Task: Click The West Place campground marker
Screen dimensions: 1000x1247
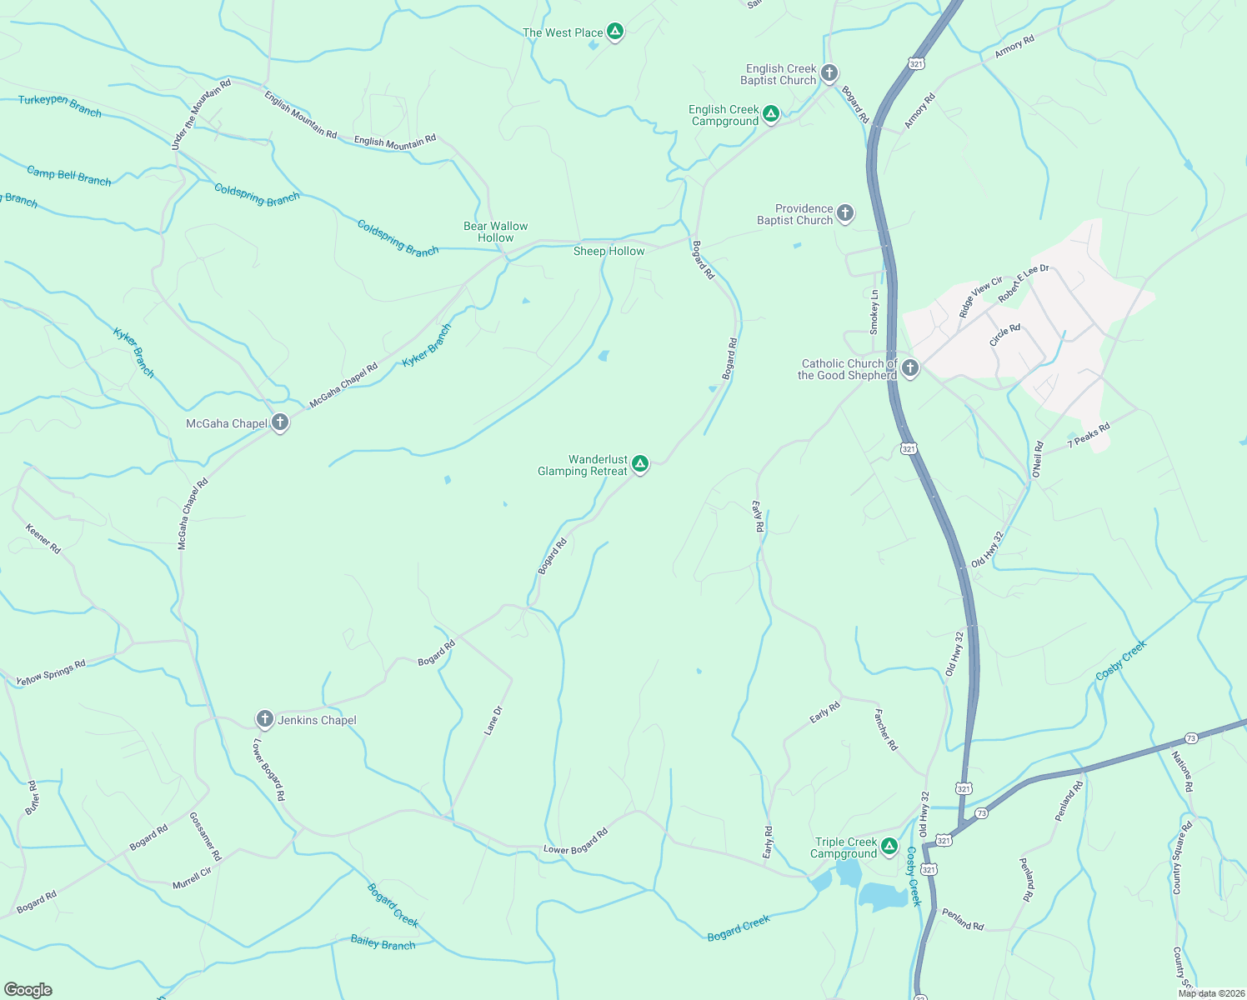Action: pyautogui.click(x=615, y=32)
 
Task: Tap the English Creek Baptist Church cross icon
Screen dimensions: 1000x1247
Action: pyautogui.click(x=829, y=72)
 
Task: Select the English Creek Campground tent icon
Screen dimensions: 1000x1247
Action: pyautogui.click(x=771, y=113)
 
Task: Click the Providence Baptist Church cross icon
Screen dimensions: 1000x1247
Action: pyautogui.click(x=844, y=213)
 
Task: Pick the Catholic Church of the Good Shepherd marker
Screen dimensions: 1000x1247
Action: pyautogui.click(x=910, y=367)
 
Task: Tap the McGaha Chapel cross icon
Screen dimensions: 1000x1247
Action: pyautogui.click(x=280, y=422)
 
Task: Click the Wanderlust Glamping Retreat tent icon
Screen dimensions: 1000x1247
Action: pyautogui.click(x=639, y=463)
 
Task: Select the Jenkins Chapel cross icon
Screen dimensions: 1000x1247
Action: pyautogui.click(x=265, y=718)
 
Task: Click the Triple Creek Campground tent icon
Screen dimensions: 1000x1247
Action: pyautogui.click(x=889, y=847)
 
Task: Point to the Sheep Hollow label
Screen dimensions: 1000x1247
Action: pyautogui.click(x=608, y=251)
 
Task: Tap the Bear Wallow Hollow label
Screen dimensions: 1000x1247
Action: pyautogui.click(x=496, y=232)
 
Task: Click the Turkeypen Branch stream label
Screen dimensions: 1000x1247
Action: pyautogui.click(x=60, y=106)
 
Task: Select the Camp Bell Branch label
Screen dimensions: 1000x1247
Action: pyautogui.click(x=68, y=176)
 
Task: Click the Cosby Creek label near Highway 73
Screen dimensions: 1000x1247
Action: pyautogui.click(x=1121, y=659)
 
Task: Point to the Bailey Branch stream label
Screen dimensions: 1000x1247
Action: pyautogui.click(x=383, y=942)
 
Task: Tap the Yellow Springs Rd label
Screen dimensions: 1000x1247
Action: pyautogui.click(x=51, y=673)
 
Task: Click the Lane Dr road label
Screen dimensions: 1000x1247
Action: pyautogui.click(x=493, y=721)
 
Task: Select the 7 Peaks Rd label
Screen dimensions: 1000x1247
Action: pyautogui.click(x=1089, y=436)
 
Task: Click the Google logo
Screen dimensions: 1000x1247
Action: pyautogui.click(x=28, y=990)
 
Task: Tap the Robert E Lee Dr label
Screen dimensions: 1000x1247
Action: pyautogui.click(x=1024, y=282)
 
